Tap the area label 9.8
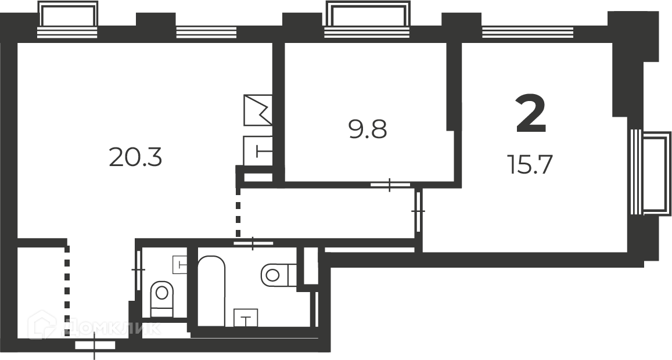[368, 129]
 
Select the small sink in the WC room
[179, 265]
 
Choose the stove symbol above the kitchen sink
[258, 110]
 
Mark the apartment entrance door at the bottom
[95, 344]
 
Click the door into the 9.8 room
[390, 185]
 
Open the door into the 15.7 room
[418, 211]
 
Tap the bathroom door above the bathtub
[253, 243]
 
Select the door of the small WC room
[138, 269]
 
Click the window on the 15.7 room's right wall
[650, 172]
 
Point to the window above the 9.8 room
[368, 20]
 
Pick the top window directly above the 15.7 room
[527, 32]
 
